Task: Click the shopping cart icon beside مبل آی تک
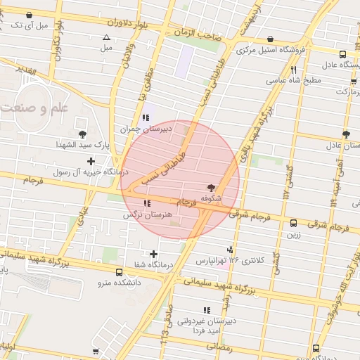(29, 15)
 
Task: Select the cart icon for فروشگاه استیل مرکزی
(271, 40)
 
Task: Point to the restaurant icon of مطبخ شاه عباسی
(292, 70)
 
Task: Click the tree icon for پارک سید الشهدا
(83, 134)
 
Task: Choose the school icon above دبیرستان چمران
(146, 117)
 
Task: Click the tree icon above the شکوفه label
(211, 187)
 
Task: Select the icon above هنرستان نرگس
(146, 204)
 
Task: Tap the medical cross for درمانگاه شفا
(154, 253)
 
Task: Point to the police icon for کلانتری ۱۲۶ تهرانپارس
(230, 250)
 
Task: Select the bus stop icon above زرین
(292, 224)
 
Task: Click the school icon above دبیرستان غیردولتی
(207, 309)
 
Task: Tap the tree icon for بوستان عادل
(345, 134)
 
